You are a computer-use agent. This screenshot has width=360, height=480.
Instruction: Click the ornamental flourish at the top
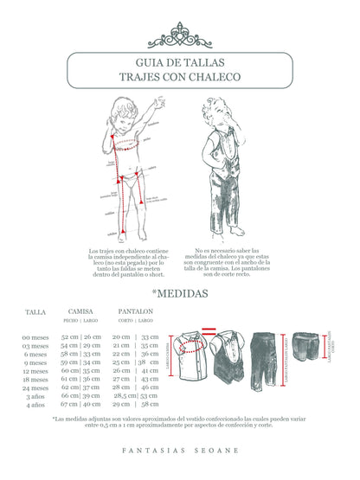point(180,36)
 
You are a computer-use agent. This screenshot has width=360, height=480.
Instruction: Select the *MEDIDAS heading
point(180,293)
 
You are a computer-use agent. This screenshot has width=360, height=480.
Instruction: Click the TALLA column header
point(35,311)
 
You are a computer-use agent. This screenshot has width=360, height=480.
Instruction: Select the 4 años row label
point(35,404)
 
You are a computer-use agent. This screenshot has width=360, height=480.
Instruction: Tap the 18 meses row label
point(35,379)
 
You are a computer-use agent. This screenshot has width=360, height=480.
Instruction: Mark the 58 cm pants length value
point(151,404)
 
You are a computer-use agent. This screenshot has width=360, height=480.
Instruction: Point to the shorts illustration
point(307,349)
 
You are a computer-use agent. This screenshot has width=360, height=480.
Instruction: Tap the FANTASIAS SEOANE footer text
point(180,451)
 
